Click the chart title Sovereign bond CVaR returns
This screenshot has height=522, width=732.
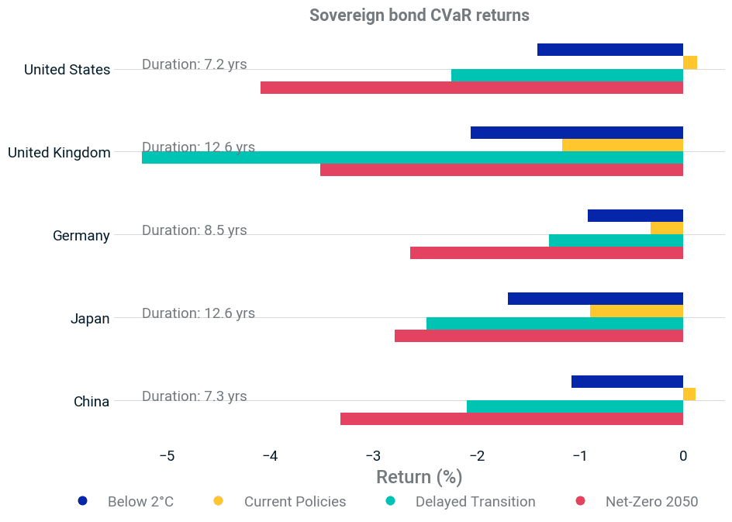click(x=420, y=16)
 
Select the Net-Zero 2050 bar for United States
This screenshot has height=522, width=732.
click(x=471, y=88)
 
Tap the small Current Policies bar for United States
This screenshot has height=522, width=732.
click(x=690, y=63)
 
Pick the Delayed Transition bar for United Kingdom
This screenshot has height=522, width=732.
click(x=413, y=157)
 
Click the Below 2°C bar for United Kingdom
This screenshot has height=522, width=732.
click(x=577, y=133)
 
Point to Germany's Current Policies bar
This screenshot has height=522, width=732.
click(x=667, y=228)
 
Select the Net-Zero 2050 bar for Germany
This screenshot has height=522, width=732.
click(x=547, y=253)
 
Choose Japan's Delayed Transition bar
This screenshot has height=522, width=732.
click(x=554, y=323)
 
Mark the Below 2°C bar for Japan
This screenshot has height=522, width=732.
click(x=596, y=299)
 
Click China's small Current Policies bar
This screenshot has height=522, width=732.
click(x=689, y=394)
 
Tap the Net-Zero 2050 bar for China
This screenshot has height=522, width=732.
click(x=512, y=419)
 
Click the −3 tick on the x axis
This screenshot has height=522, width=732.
click(x=374, y=456)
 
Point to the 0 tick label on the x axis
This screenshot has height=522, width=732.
click(x=683, y=456)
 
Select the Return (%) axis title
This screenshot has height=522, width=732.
click(x=420, y=477)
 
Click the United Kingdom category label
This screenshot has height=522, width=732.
click(x=59, y=153)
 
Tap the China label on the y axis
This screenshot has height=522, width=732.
click(x=91, y=402)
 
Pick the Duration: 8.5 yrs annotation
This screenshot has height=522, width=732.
click(x=194, y=230)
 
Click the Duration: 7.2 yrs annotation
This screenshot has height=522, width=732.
click(x=194, y=64)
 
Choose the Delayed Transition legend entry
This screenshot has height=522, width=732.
click(x=461, y=502)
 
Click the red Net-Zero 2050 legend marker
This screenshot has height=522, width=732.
click(x=580, y=501)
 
